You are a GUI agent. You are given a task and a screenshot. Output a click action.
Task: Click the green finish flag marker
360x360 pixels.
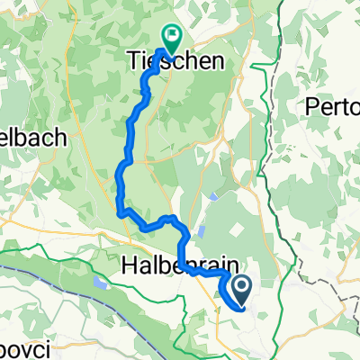(168, 37)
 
